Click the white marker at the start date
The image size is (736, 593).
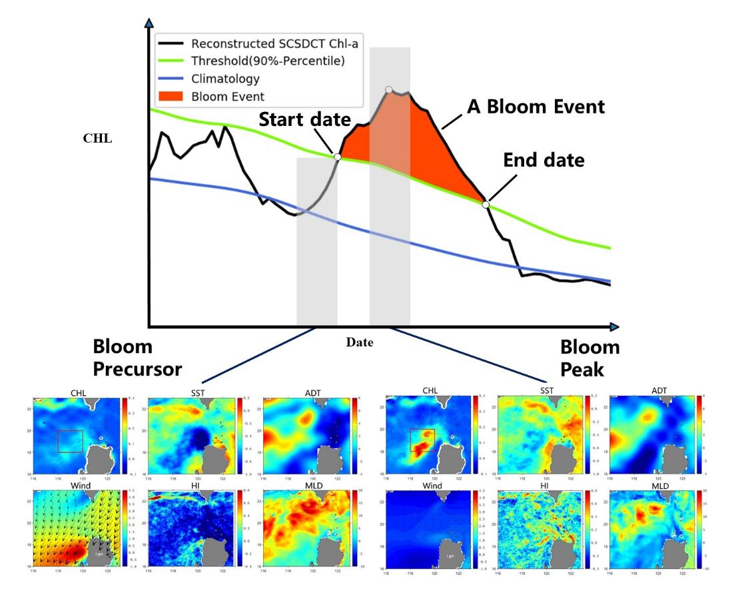(x=337, y=157)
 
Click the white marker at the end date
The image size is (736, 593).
(x=486, y=205)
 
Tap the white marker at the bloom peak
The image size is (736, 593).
(x=388, y=89)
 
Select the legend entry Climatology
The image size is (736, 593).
(x=225, y=79)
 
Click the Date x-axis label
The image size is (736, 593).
(x=360, y=342)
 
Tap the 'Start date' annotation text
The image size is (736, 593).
(x=304, y=120)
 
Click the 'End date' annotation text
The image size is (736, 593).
(x=544, y=160)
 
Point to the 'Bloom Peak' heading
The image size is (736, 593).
(x=589, y=358)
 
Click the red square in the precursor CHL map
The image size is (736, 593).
(x=70, y=441)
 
